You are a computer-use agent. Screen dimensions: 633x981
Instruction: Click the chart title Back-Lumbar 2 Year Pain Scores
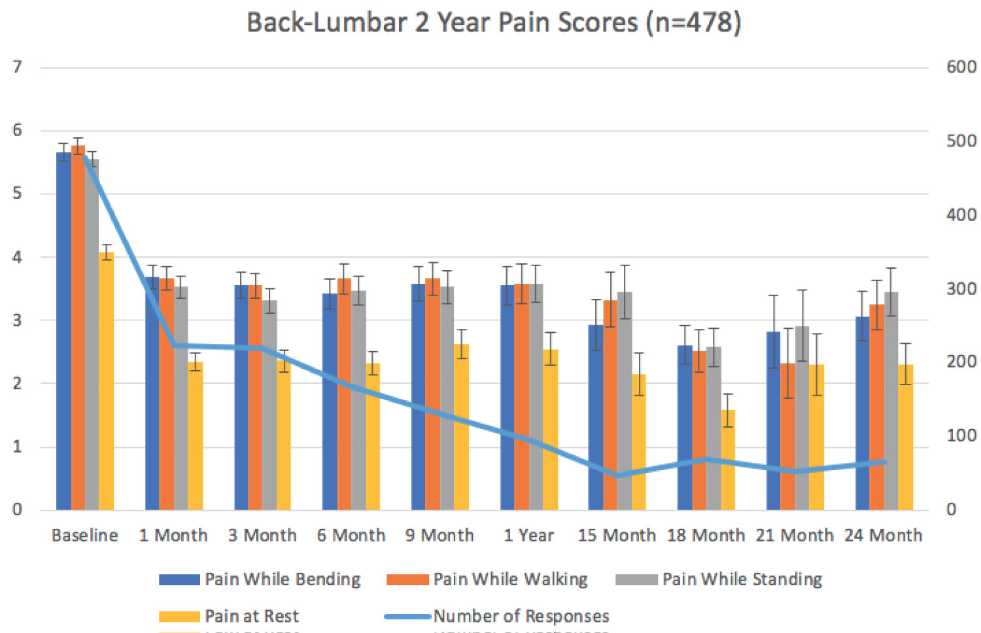pos(494,23)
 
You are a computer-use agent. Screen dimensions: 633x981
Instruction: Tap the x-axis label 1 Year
pos(528,536)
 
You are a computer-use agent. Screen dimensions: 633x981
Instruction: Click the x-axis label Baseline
pos(85,536)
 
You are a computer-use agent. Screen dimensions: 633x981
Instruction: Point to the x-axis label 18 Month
pos(706,536)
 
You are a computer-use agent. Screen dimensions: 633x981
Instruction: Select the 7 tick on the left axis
pos(17,67)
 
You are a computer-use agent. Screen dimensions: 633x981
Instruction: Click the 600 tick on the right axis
pos(961,67)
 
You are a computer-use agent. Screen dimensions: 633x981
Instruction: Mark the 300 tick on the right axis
pos(961,288)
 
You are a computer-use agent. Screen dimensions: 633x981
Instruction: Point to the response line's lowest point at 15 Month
pos(617,475)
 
